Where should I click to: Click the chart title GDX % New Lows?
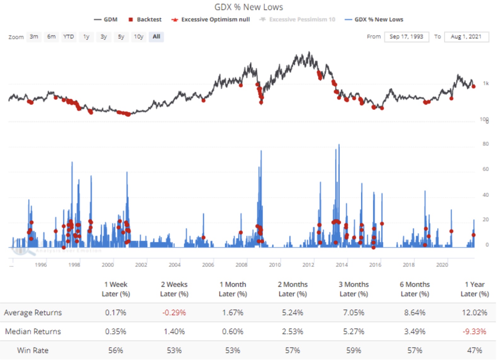[x=249, y=7]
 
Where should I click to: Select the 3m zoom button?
[x=34, y=37]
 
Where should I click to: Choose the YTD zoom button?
[x=68, y=37]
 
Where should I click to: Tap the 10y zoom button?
[x=139, y=37]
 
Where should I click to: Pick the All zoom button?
[x=156, y=37]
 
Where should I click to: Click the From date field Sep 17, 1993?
[x=406, y=37]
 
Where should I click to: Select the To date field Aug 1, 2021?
[x=466, y=37]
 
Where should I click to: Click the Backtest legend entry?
[x=145, y=20]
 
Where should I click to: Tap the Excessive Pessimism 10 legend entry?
[x=298, y=20]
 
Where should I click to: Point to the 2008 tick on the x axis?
[x=241, y=265]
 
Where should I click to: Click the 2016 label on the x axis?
[x=375, y=265]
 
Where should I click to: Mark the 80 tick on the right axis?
[x=486, y=144]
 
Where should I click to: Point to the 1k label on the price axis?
[x=486, y=83]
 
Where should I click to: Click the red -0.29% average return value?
[x=174, y=312]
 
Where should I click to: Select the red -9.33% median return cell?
[x=474, y=331]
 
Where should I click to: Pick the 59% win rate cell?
[x=354, y=350]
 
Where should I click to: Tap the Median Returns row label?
[x=33, y=331]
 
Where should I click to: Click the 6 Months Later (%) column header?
[x=415, y=289]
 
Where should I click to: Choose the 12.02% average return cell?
[x=474, y=312]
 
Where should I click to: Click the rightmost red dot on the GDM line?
[x=474, y=86]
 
